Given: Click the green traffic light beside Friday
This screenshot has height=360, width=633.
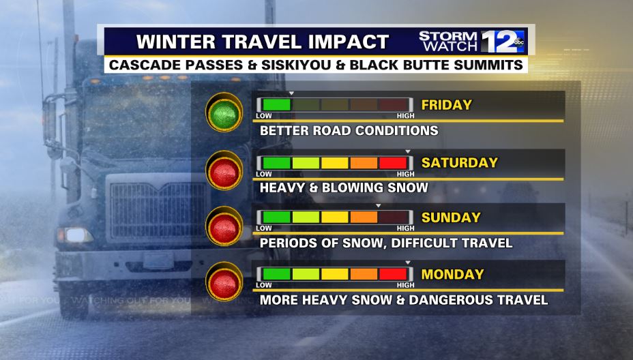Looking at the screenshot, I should pyautogui.click(x=224, y=112).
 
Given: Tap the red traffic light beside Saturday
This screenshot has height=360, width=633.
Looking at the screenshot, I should pyautogui.click(x=224, y=170).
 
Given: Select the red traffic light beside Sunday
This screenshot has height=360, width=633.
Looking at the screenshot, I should pyautogui.click(x=224, y=225).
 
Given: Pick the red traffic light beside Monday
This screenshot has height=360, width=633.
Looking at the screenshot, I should pyautogui.click(x=224, y=282).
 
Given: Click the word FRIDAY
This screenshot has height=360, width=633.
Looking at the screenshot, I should pyautogui.click(x=447, y=105).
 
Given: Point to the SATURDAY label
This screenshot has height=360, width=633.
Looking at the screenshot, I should pyautogui.click(x=460, y=163).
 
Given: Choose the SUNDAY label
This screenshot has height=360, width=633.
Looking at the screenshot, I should pyautogui.click(x=451, y=217).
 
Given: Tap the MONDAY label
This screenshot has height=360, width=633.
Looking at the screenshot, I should pyautogui.click(x=452, y=275).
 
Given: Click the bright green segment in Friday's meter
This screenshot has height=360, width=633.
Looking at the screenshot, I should pyautogui.click(x=276, y=105).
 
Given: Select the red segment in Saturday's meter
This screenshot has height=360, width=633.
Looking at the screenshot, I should pyautogui.click(x=392, y=163).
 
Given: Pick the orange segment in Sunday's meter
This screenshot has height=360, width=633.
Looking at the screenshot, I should pyautogui.click(x=364, y=217).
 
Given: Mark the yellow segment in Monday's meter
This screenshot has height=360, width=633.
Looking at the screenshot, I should pyautogui.click(x=334, y=275).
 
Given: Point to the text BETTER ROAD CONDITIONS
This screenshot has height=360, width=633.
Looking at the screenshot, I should pyautogui.click(x=349, y=131).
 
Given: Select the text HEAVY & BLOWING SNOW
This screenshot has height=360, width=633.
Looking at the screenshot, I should pyautogui.click(x=344, y=187).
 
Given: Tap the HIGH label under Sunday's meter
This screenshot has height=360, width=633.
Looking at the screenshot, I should pyautogui.click(x=405, y=228).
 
